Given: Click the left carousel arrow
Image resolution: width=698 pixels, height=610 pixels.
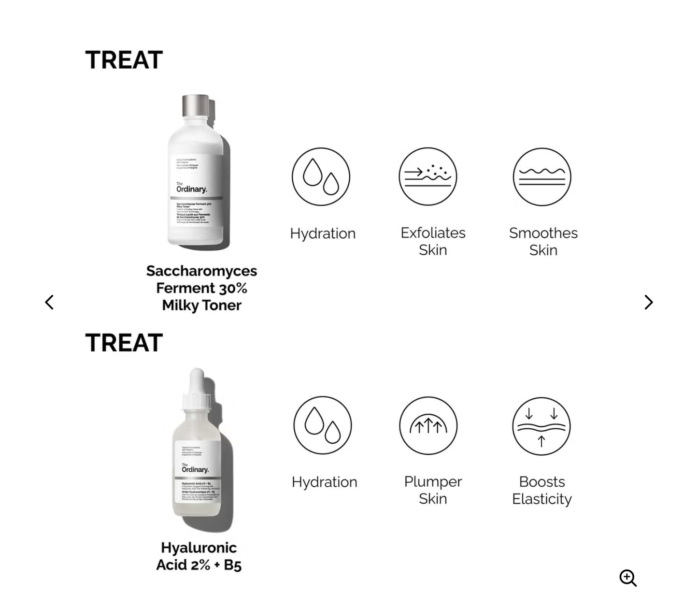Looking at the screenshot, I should [x=49, y=302].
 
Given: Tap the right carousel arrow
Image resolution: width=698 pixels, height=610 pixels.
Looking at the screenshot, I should [x=649, y=302].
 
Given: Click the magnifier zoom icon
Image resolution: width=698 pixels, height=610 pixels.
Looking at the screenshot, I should [x=628, y=578].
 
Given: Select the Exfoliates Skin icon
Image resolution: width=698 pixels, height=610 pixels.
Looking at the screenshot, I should [x=427, y=176].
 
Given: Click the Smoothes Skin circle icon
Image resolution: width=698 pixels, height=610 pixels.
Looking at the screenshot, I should [x=541, y=177].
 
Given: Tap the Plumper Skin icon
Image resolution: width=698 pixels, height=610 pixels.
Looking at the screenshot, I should [x=428, y=425].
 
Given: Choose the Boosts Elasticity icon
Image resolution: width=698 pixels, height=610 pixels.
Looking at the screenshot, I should [x=541, y=426].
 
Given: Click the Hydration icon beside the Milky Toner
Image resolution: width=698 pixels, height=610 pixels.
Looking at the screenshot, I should [x=321, y=176].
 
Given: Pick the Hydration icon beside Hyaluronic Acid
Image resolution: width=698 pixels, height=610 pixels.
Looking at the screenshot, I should [x=322, y=425].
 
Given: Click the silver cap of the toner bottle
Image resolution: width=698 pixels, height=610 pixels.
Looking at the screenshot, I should [x=196, y=105].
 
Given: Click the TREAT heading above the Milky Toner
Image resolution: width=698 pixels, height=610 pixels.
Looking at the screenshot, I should [x=124, y=60].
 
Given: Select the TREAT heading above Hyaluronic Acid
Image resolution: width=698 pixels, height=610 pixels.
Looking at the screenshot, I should [x=124, y=343].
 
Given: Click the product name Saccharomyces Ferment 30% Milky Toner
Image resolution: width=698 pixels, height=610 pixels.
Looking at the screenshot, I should [x=201, y=288].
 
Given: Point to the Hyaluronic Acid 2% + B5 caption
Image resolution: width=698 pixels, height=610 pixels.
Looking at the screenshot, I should [x=199, y=556].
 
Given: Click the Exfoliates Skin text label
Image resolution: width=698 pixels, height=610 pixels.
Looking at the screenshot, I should [x=433, y=241].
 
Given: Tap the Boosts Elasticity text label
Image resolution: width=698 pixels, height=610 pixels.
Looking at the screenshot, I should [x=541, y=490].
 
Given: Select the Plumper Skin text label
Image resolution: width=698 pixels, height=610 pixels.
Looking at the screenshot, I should [x=433, y=490].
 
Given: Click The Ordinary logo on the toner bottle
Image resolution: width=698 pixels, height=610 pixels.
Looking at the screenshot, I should [x=191, y=188].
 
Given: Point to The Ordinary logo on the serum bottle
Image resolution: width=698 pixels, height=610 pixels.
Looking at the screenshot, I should [x=195, y=469].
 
